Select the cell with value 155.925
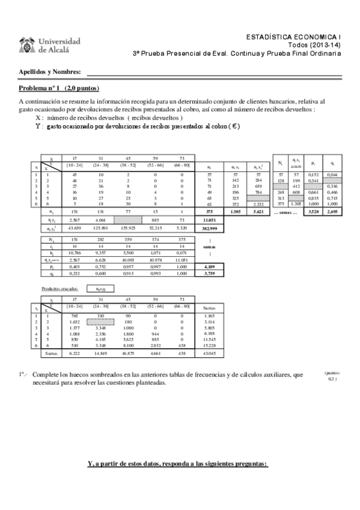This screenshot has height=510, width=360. (129, 229)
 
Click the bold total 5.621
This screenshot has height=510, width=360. (257, 212)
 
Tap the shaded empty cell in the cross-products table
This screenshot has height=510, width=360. (101, 322)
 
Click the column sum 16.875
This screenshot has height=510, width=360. (129, 353)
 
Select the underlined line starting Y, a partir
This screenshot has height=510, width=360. (177, 464)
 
